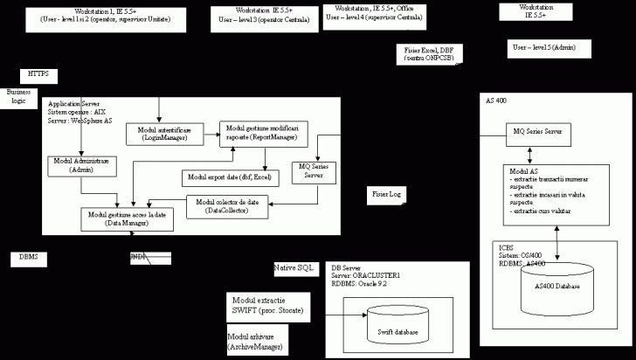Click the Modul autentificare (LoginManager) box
[x=165, y=133]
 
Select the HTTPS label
[x=38, y=73]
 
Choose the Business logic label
[x=18, y=95]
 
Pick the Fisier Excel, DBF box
[x=429, y=55]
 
